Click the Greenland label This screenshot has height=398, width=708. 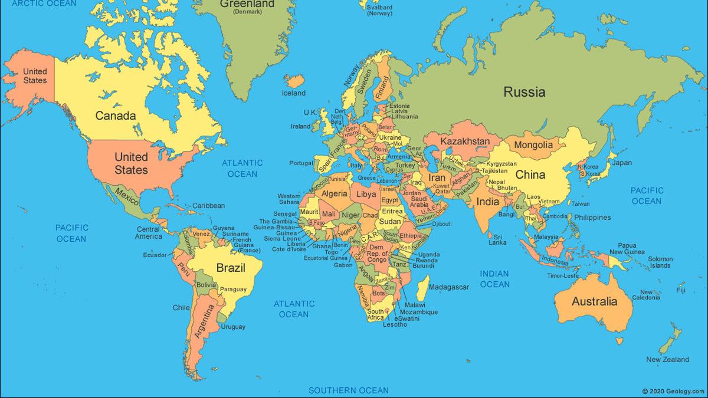tap(247, 4)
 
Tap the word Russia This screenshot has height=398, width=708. tap(524, 92)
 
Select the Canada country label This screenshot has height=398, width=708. tap(116, 116)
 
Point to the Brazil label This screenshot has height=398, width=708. tap(231, 268)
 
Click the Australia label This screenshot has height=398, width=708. tap(594, 302)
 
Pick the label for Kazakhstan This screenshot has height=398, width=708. tap(465, 142)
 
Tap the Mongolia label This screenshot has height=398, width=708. tap(533, 145)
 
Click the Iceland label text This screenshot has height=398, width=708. tap(293, 93)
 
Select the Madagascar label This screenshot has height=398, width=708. tap(448, 287)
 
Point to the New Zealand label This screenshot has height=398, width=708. tap(667, 360)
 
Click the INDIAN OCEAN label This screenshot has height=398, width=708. tap(494, 279)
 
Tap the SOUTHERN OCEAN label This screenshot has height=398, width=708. tap(349, 390)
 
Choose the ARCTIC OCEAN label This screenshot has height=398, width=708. tap(44, 4)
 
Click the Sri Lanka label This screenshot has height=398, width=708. tap(497, 239)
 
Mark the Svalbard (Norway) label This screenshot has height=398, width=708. tap(379, 10)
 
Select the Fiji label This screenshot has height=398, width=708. tap(681, 290)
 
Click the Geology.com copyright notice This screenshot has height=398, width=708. tap(673, 391)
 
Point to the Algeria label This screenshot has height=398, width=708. tap(335, 194)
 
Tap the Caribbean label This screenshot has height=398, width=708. tap(208, 206)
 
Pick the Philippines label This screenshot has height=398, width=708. tap(592, 218)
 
